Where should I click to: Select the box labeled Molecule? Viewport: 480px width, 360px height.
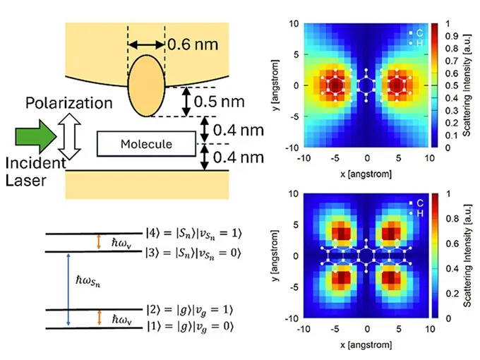click(x=145, y=144)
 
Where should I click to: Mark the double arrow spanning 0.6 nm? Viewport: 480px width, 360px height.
click(x=147, y=45)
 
